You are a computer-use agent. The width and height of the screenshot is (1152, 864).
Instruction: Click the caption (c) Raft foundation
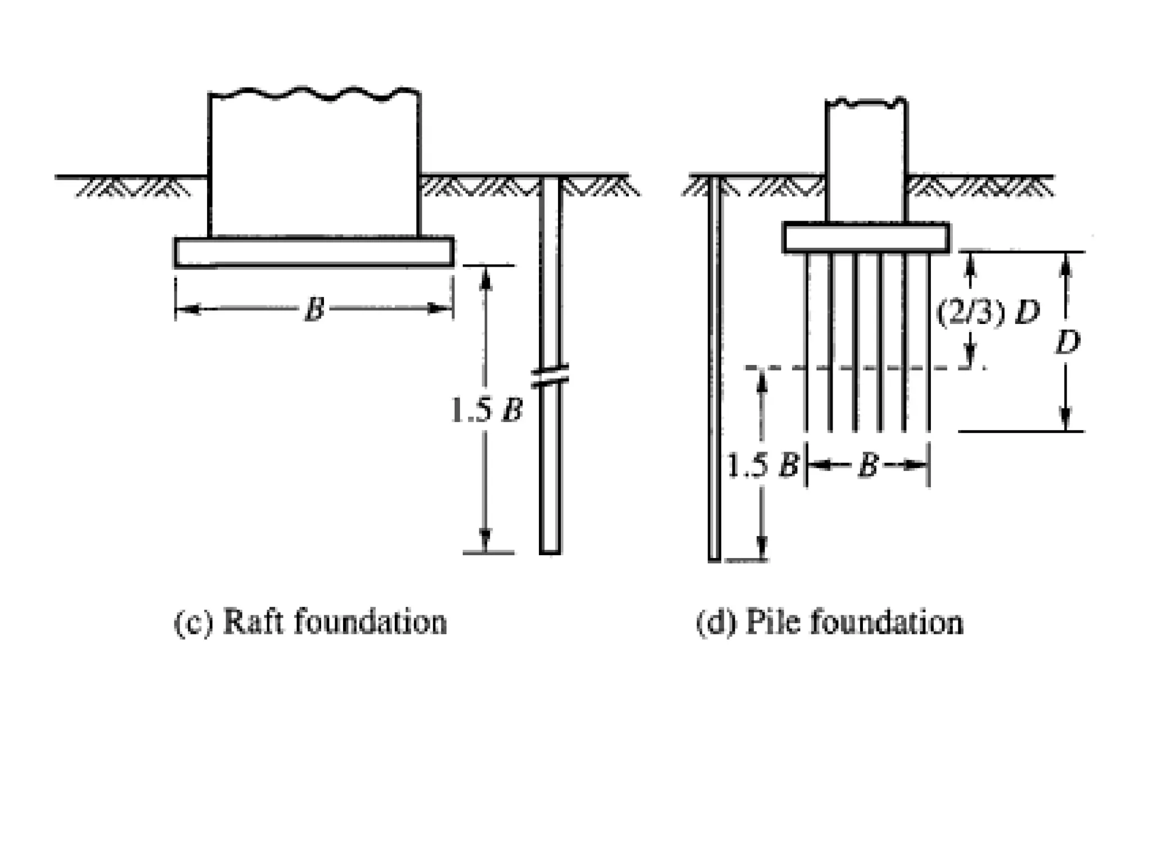pyautogui.click(x=310, y=623)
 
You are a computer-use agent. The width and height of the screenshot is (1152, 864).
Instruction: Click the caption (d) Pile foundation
pyautogui.click(x=830, y=623)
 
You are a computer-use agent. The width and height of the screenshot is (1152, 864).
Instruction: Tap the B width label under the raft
pyautogui.click(x=314, y=309)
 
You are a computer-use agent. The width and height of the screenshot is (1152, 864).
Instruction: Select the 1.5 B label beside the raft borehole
pyautogui.click(x=487, y=411)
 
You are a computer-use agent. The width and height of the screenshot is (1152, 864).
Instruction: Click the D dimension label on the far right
pyautogui.click(x=1067, y=341)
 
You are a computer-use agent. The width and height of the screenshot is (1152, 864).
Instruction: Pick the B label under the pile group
pyautogui.click(x=867, y=465)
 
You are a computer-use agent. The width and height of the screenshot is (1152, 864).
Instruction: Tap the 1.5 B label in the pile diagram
pyautogui.click(x=762, y=465)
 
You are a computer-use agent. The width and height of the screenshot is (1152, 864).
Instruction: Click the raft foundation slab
pyautogui.click(x=314, y=252)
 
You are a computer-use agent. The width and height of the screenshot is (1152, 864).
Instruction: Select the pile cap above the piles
pyautogui.click(x=866, y=238)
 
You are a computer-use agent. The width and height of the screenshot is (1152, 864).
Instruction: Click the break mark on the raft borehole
pyautogui.click(x=550, y=375)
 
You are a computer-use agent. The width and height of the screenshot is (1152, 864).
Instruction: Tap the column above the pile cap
pyautogui.click(x=866, y=163)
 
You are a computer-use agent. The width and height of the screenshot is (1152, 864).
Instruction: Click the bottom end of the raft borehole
pyautogui.click(x=550, y=551)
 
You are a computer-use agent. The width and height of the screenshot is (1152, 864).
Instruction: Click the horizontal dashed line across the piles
pyautogui.click(x=866, y=368)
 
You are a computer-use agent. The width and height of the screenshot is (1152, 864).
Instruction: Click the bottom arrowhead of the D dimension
pyautogui.click(x=1064, y=422)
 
